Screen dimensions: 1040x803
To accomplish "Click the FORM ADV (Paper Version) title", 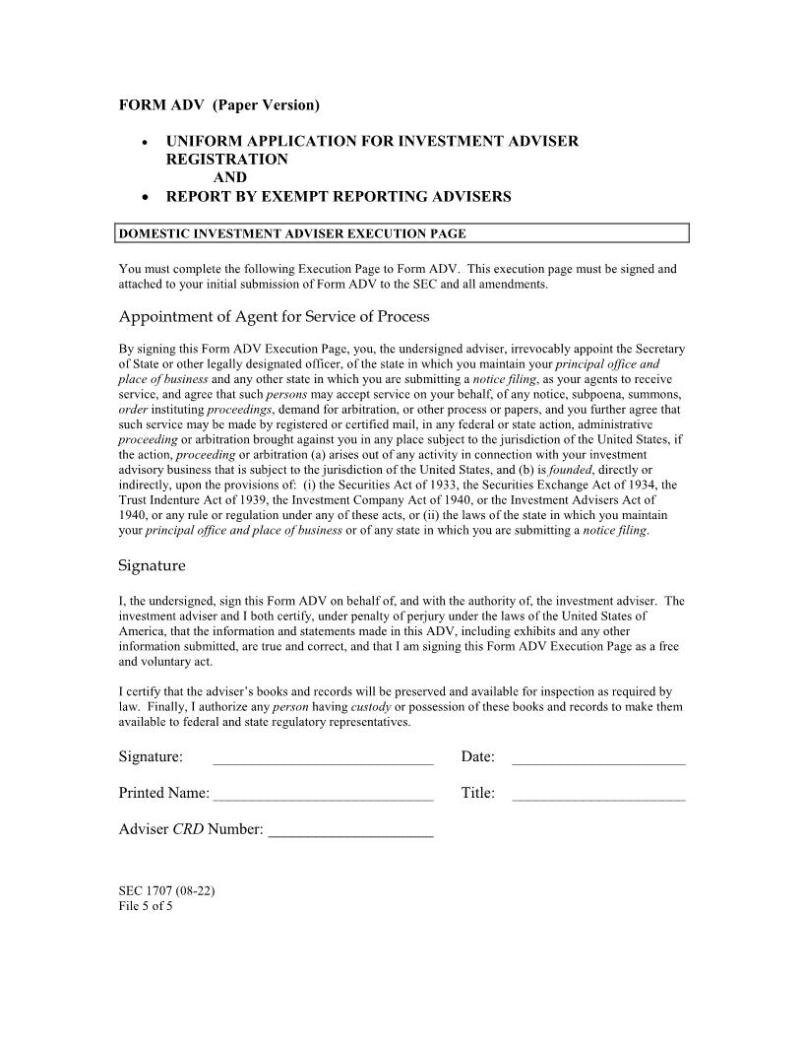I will pyautogui.click(x=218, y=104).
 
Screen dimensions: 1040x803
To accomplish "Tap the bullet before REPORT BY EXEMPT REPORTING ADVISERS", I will pyautogui.click(x=147, y=197).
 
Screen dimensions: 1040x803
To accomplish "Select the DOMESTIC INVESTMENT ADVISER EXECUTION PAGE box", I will pyautogui.click(x=401, y=233).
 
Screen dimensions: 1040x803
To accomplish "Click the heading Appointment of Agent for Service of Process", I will pyautogui.click(x=274, y=316).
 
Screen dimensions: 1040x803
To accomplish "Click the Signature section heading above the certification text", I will pyautogui.click(x=152, y=566).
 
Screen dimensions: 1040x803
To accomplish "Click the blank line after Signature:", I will pyautogui.click(x=323, y=758).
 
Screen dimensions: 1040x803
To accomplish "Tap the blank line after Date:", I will pyautogui.click(x=598, y=758).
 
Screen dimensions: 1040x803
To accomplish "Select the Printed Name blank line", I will pyautogui.click(x=323, y=795).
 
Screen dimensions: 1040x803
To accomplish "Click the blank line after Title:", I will pyautogui.click(x=598, y=795).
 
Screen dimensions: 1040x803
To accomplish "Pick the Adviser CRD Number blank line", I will pyautogui.click(x=350, y=832).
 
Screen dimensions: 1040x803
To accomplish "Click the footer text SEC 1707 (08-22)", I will pyautogui.click(x=166, y=891).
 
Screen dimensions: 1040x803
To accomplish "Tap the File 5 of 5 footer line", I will pyautogui.click(x=146, y=906).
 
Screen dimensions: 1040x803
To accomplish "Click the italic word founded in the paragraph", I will pyautogui.click(x=570, y=470).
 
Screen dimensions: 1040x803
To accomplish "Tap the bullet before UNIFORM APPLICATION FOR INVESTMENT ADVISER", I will pyautogui.click(x=147, y=142).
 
